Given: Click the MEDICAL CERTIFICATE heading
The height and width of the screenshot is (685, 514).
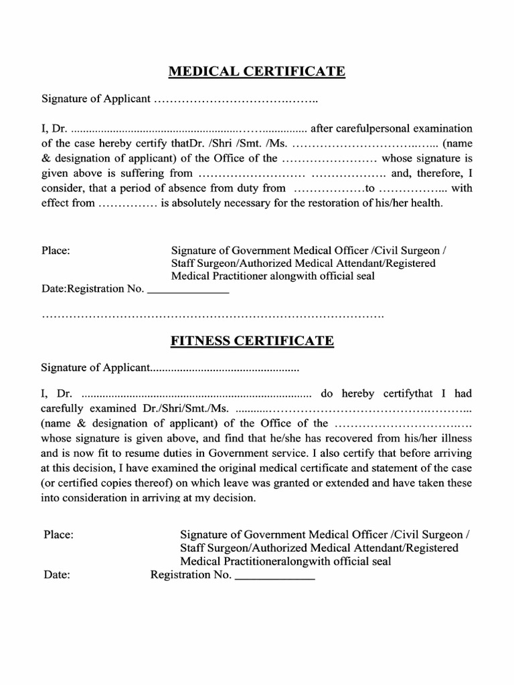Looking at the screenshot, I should pos(256,71).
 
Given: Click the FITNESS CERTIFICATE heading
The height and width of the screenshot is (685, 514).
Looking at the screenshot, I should pos(252,340).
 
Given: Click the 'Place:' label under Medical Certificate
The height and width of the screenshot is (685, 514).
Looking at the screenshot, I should pos(56,251).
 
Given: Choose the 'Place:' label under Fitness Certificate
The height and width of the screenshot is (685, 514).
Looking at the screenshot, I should pos(58,534).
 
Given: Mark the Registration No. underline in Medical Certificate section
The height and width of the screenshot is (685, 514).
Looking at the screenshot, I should pos(187,292).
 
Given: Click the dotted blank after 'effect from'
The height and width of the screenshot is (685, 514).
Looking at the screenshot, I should pos(127,203).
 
